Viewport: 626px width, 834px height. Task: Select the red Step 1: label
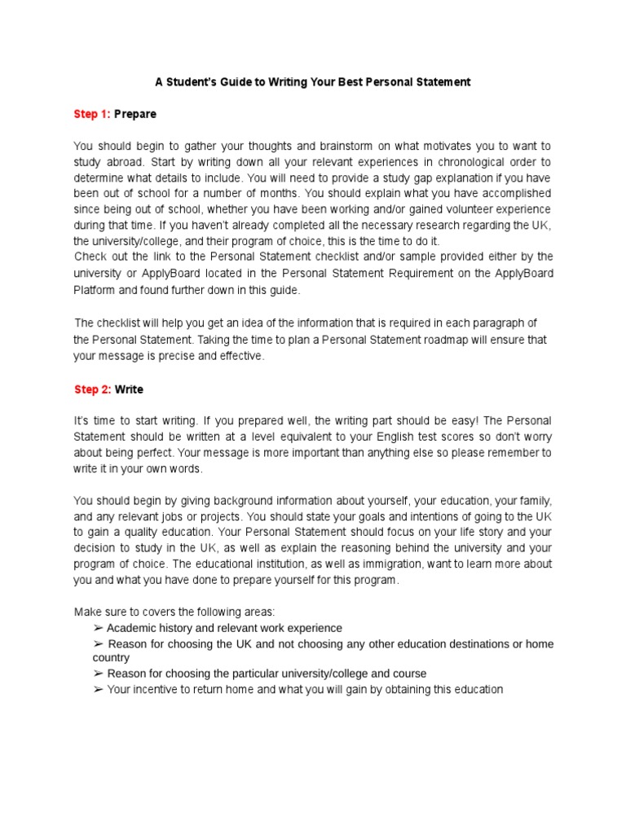point(91,114)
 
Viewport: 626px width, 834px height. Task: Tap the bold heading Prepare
point(135,114)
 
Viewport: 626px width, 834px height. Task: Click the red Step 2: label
point(92,389)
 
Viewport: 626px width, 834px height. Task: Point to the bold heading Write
point(129,389)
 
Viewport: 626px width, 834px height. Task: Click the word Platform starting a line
point(97,289)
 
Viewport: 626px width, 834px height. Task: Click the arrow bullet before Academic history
point(98,628)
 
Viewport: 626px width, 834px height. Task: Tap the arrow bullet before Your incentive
point(98,690)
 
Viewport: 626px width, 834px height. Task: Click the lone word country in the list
point(111,657)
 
